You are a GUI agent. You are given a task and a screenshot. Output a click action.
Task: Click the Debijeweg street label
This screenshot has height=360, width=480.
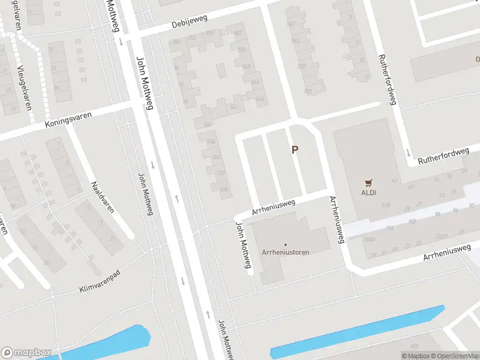coord(189,21)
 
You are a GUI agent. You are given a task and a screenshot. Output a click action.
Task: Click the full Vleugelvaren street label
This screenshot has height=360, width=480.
coord(24,84)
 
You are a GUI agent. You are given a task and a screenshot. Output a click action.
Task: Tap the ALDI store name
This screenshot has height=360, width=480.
coord(368,193)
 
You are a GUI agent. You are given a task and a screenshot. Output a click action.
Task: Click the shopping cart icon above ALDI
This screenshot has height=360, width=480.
coord(368,182)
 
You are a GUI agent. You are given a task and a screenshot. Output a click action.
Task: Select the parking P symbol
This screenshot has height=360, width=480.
coord(295,149)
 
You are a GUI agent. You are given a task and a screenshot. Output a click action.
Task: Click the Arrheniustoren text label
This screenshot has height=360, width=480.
coord(286,252)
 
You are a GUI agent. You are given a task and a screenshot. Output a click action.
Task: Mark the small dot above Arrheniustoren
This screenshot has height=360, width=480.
coord(286,244)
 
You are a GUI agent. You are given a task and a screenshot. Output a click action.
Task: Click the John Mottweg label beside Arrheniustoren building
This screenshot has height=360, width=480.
coord(242,245)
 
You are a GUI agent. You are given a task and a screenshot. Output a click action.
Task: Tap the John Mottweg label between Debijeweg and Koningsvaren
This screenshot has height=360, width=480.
coord(145,83)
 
